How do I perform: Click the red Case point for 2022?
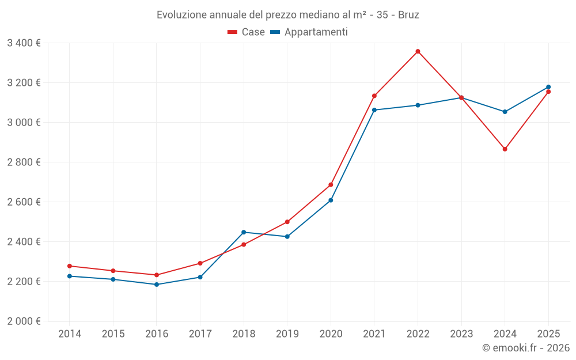418,51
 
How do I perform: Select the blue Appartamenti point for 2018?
244,232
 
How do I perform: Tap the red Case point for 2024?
505,149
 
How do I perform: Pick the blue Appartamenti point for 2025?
548,87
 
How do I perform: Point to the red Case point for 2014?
69,266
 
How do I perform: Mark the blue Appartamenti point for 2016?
157,285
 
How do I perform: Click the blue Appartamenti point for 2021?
374,110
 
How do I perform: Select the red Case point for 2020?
331,185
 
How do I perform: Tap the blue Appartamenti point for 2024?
505,112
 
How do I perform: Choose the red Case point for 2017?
200,263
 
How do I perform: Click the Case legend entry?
247,32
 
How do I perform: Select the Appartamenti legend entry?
309,32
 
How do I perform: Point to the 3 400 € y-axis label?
24,43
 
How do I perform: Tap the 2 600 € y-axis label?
24,202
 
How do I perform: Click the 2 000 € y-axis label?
24,321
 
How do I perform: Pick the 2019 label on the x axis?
287,334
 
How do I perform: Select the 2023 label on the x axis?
461,334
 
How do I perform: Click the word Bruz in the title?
408,14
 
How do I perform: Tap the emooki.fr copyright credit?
525,348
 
